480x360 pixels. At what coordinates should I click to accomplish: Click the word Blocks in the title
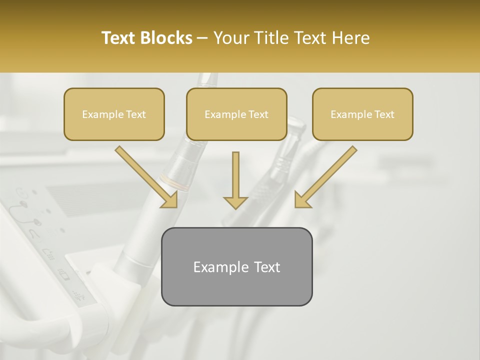point(165,38)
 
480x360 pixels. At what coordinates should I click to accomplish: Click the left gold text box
point(114,114)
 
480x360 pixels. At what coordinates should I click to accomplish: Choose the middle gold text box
point(236,114)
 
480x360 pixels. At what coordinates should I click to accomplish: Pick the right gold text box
point(362,114)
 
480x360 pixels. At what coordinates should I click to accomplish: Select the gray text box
point(236,266)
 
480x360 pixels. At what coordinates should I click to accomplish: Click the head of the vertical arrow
point(235,201)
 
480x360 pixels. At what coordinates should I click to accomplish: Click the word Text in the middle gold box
point(258,114)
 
